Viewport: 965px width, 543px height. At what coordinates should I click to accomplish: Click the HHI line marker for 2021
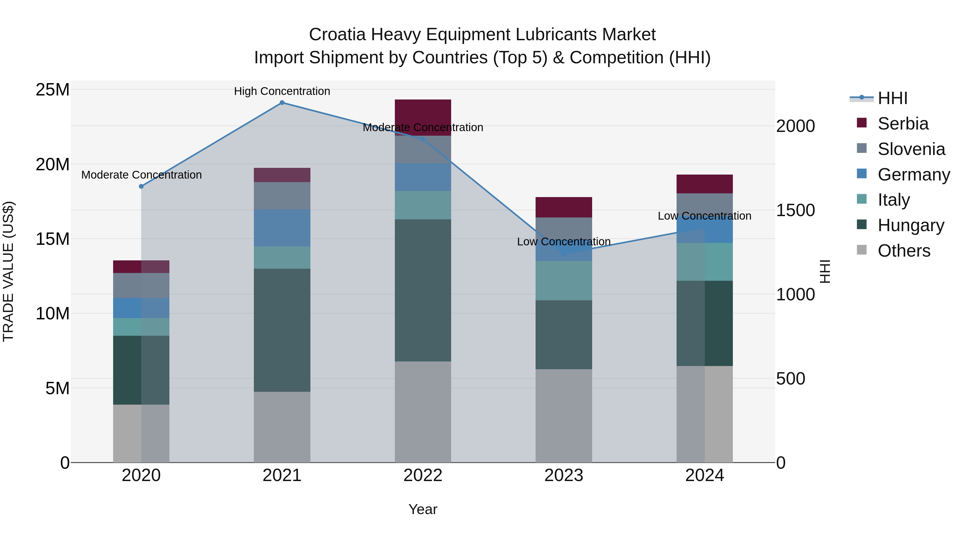[x=282, y=103]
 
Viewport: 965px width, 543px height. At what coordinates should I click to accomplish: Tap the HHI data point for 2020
[x=141, y=186]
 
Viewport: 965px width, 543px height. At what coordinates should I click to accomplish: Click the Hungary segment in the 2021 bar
[x=282, y=330]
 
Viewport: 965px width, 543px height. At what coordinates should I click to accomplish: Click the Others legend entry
[x=904, y=251]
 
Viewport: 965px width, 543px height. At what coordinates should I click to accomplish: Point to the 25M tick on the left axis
[x=53, y=90]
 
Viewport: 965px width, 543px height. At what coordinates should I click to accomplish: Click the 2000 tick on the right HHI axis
[x=795, y=126]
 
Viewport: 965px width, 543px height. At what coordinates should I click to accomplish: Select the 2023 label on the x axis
[x=563, y=475]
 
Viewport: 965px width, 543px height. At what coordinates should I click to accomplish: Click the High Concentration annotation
[x=282, y=91]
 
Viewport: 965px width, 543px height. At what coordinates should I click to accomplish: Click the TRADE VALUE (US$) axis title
[x=8, y=271]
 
